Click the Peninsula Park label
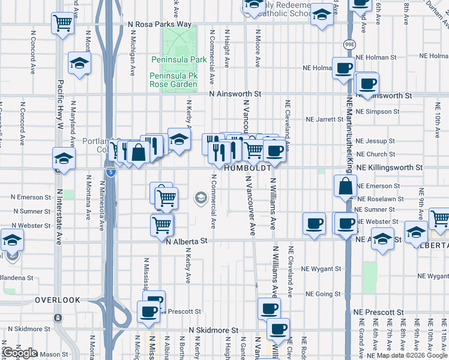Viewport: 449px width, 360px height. pos(178,60)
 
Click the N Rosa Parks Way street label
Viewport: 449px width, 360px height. pos(160,25)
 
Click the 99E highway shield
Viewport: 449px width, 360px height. pos(349,44)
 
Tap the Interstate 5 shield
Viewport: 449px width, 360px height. pos(111,172)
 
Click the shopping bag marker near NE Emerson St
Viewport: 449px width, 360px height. pos(346,187)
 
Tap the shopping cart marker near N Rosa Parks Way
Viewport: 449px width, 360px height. pos(62,24)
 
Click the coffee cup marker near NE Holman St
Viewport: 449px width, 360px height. pos(343,68)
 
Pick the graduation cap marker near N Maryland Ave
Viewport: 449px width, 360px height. pos(79,63)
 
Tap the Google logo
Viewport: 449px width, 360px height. pos(20,353)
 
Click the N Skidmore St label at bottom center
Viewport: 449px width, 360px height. pos(214,330)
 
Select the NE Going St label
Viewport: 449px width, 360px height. pos(323,294)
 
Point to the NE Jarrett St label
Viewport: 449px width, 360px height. pos(324,119)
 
